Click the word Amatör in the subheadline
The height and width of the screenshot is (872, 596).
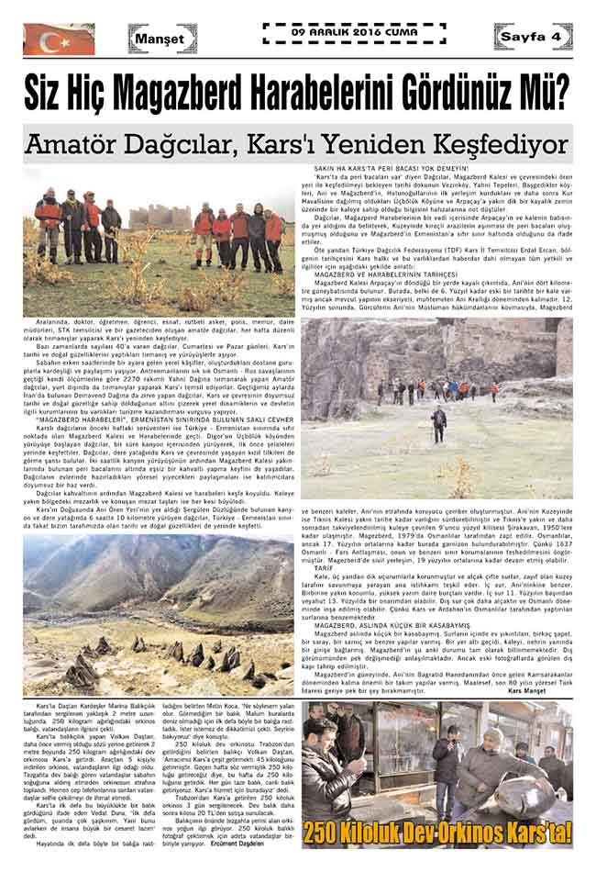(83, 145)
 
